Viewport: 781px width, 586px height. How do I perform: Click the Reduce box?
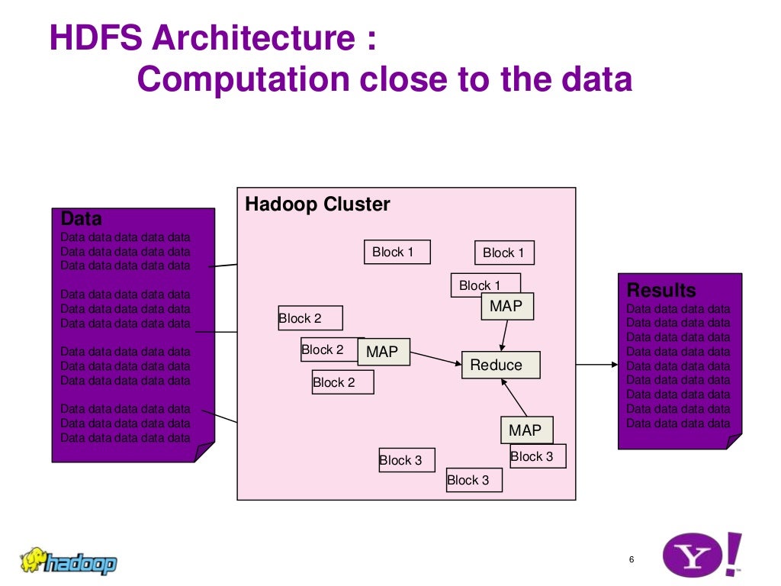click(x=500, y=365)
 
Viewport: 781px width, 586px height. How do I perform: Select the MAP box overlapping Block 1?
click(x=506, y=306)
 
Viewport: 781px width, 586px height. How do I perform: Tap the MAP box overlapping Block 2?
click(x=383, y=352)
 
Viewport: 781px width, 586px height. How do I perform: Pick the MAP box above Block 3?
click(x=526, y=430)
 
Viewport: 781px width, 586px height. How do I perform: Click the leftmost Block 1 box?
click(x=397, y=252)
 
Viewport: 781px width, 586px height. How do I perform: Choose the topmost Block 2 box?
click(x=310, y=318)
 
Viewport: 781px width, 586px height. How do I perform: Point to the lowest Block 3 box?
click(x=474, y=480)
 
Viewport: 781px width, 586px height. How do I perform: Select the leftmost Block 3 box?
click(x=407, y=460)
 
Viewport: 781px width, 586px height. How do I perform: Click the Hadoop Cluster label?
click(x=317, y=204)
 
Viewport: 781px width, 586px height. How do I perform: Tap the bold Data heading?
click(x=81, y=219)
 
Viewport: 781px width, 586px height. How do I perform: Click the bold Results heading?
click(x=660, y=291)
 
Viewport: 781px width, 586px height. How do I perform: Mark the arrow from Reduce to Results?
click(x=596, y=365)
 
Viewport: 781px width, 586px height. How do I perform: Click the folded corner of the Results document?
click(x=733, y=441)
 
